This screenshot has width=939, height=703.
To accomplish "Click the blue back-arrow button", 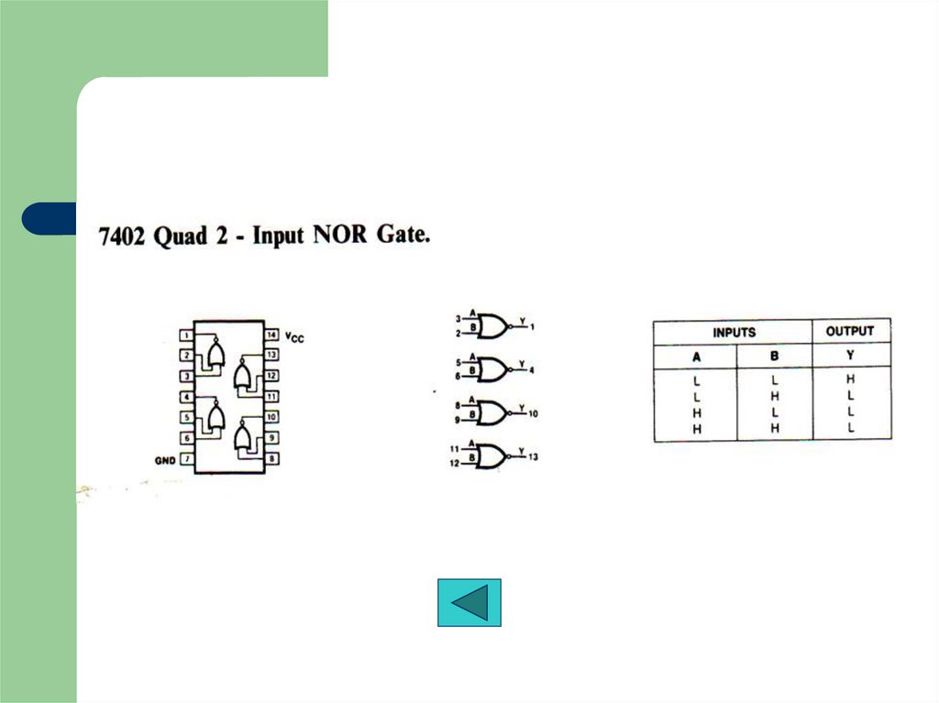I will point(469,602).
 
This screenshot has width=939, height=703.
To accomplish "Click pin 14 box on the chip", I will point(271,335).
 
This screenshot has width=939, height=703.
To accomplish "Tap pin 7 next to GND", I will point(187,458).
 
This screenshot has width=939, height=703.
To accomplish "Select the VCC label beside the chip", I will point(294,338).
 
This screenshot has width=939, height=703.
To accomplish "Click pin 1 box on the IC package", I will point(187,335).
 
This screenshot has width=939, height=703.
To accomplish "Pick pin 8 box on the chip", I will point(271,458).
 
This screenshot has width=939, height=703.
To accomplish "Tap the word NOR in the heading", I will point(344,235).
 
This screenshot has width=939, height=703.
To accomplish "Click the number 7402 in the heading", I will point(123,236).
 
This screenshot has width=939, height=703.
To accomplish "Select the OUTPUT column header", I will point(850,331).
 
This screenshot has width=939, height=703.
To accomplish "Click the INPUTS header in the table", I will point(734,332).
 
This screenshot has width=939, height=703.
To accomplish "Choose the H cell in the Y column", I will point(851,379).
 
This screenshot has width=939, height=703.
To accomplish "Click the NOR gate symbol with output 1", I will point(491,326).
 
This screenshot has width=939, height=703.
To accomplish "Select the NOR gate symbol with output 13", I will point(491,456).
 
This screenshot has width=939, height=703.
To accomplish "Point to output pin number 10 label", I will point(534,413).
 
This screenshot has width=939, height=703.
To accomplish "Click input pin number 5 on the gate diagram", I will point(458,363).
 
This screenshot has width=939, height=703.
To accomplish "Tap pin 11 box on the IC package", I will point(271,396).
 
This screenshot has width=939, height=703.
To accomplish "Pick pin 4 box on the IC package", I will point(187,396).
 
